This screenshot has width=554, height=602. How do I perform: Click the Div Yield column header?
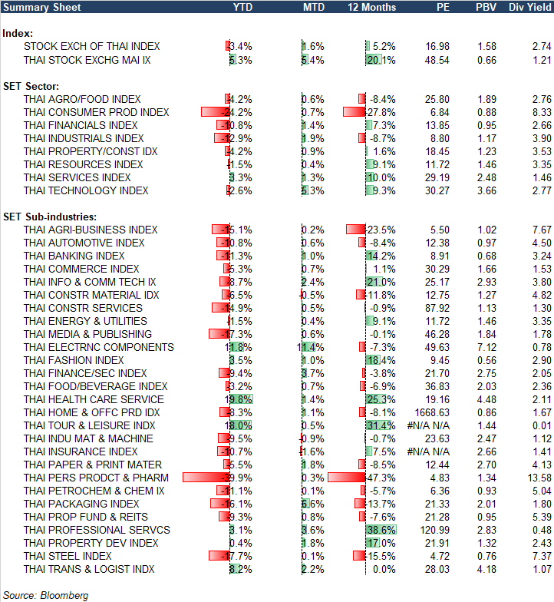coord(529,7)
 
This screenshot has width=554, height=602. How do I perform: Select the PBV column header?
coord(486,7)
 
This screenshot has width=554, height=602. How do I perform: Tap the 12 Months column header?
coord(372,7)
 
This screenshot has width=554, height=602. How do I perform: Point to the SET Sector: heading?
coord(31,85)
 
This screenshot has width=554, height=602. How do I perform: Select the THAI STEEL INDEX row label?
coord(68,556)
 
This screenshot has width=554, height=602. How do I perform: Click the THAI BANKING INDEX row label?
coord(74,256)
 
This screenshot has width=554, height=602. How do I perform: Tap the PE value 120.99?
coord(432,530)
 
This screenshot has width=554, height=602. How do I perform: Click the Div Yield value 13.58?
coord(536,478)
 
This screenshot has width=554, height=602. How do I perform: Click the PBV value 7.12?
coord(488,347)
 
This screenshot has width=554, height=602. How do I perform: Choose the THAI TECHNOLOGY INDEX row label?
coord(86,190)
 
